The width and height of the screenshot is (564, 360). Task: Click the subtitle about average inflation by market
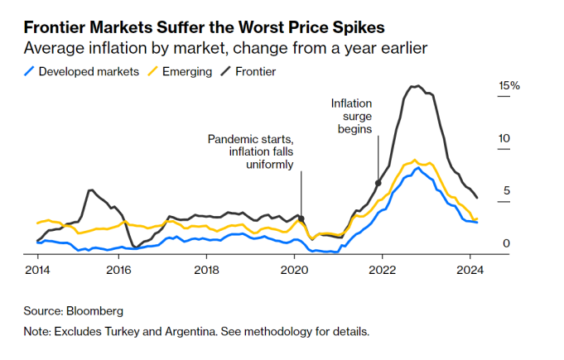(225, 49)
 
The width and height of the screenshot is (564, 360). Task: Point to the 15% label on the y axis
(508, 86)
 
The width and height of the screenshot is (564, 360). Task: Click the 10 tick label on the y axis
(504, 139)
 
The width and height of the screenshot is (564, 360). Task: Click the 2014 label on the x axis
(37, 269)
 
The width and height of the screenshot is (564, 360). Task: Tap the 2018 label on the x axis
(206, 269)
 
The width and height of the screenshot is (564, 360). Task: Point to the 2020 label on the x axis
(295, 269)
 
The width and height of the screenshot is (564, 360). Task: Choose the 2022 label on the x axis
(382, 269)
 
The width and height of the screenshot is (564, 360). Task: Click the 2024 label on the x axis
(470, 269)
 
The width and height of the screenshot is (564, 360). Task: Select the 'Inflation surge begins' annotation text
(352, 116)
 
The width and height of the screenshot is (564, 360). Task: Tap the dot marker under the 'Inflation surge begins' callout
(378, 183)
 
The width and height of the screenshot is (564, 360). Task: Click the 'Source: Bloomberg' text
(74, 311)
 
